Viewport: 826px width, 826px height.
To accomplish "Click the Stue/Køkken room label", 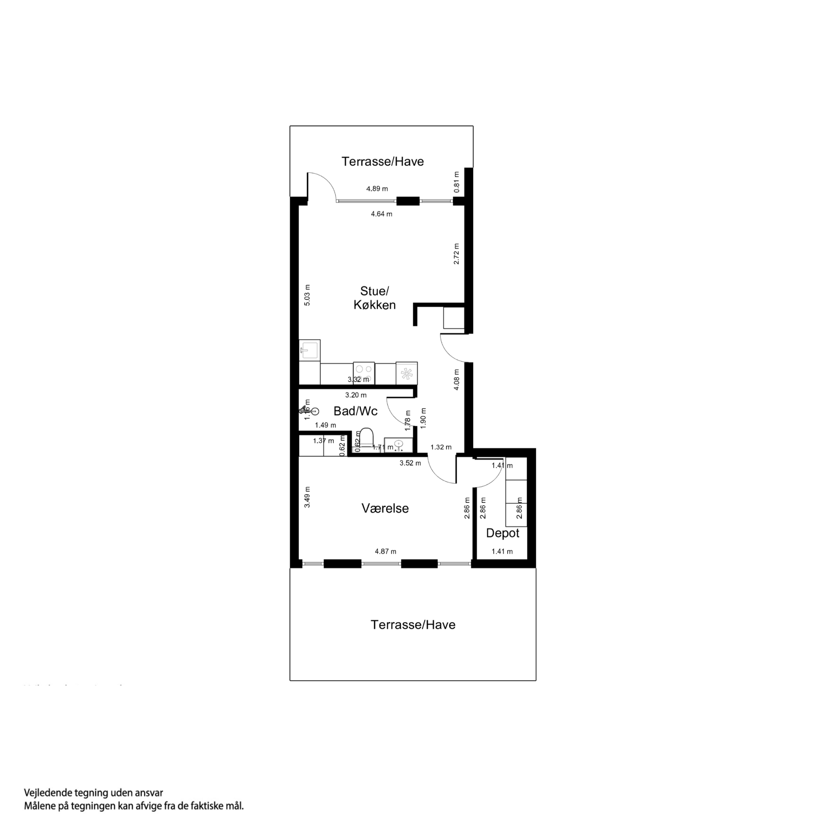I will point(375,298).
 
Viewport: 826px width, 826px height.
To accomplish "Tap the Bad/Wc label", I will point(355,411).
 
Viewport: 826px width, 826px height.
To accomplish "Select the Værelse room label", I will point(385,508).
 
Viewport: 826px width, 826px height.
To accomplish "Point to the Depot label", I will point(502,533).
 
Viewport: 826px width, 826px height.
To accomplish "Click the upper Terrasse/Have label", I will point(382,161).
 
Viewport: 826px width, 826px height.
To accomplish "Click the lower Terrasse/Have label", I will point(413,625).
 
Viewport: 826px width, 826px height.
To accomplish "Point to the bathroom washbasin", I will point(398,445).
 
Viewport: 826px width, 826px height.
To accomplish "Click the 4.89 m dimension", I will point(377,188).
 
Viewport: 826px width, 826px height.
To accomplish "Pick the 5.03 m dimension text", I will point(307,295).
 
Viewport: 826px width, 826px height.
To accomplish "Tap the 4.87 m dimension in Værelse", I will point(385,551).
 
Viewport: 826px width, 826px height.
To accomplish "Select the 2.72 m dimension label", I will point(456,253).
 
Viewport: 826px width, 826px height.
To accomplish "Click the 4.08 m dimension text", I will point(456,379).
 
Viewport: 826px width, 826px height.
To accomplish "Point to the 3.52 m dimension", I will point(410,463).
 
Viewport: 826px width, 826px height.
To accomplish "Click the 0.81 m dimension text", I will point(456,182).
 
